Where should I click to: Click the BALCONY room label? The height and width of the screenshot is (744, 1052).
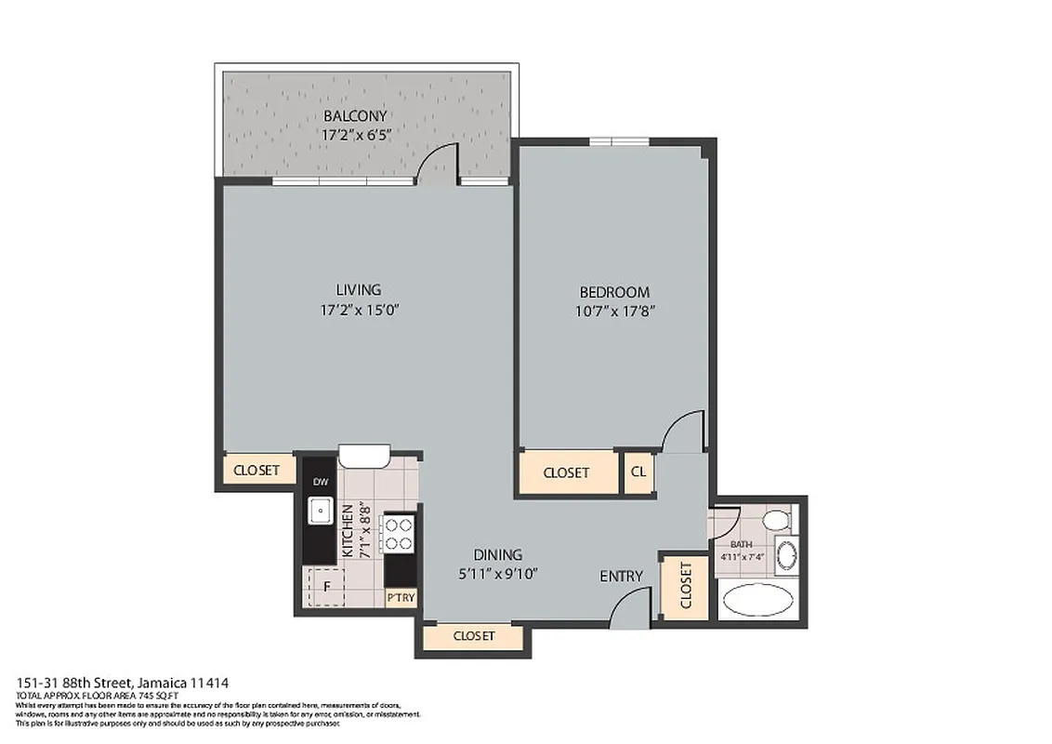coord(354,116)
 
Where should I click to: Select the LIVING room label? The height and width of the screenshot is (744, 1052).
coord(358,290)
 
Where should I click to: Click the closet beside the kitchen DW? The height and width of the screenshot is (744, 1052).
coord(256,471)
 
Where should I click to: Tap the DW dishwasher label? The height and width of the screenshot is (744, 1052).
coord(320,482)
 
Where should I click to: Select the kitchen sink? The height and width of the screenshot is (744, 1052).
coord(321,511)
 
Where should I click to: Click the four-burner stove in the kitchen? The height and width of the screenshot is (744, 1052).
coord(400,534)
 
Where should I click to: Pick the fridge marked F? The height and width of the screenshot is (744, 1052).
coord(326,587)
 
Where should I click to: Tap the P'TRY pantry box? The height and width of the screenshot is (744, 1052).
coord(401,598)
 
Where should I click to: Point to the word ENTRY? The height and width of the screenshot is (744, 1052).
coord(621,577)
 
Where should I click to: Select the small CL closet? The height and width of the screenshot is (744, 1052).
coord(638,472)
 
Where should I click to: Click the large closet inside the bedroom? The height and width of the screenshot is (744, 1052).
coord(567,472)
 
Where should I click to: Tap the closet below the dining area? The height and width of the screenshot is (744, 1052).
coord(473,636)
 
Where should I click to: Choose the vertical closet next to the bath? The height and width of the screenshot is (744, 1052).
coord(686,586)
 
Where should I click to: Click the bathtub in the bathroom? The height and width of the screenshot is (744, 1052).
coord(757,600)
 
